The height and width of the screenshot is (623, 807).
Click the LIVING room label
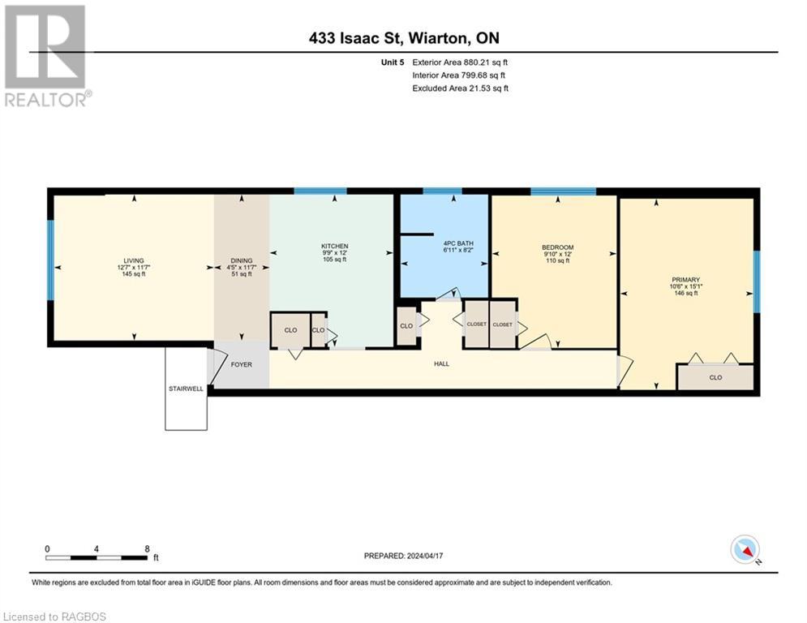[134, 260]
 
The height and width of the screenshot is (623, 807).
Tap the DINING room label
[242, 260]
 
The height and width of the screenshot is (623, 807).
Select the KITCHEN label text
[334, 246]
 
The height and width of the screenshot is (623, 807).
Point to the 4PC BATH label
[458, 243]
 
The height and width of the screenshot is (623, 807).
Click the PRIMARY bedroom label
[685, 280]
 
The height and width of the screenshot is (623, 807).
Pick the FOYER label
[242, 364]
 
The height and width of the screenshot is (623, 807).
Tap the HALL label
[441, 363]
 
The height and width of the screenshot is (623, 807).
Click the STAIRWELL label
[186, 389]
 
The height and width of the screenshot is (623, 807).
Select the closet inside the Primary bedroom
[715, 377]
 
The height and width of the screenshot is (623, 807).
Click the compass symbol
[745, 550]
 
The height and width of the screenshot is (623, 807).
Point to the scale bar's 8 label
[147, 549]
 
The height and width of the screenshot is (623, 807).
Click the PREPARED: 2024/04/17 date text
[404, 556]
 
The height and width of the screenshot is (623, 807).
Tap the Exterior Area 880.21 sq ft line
[460, 62]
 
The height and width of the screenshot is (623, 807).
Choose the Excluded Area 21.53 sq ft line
[460, 88]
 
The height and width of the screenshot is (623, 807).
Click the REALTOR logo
[47, 56]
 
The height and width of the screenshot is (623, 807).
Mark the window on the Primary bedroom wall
[757, 281]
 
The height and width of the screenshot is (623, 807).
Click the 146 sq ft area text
[686, 293]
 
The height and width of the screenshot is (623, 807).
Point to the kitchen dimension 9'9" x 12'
[334, 253]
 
